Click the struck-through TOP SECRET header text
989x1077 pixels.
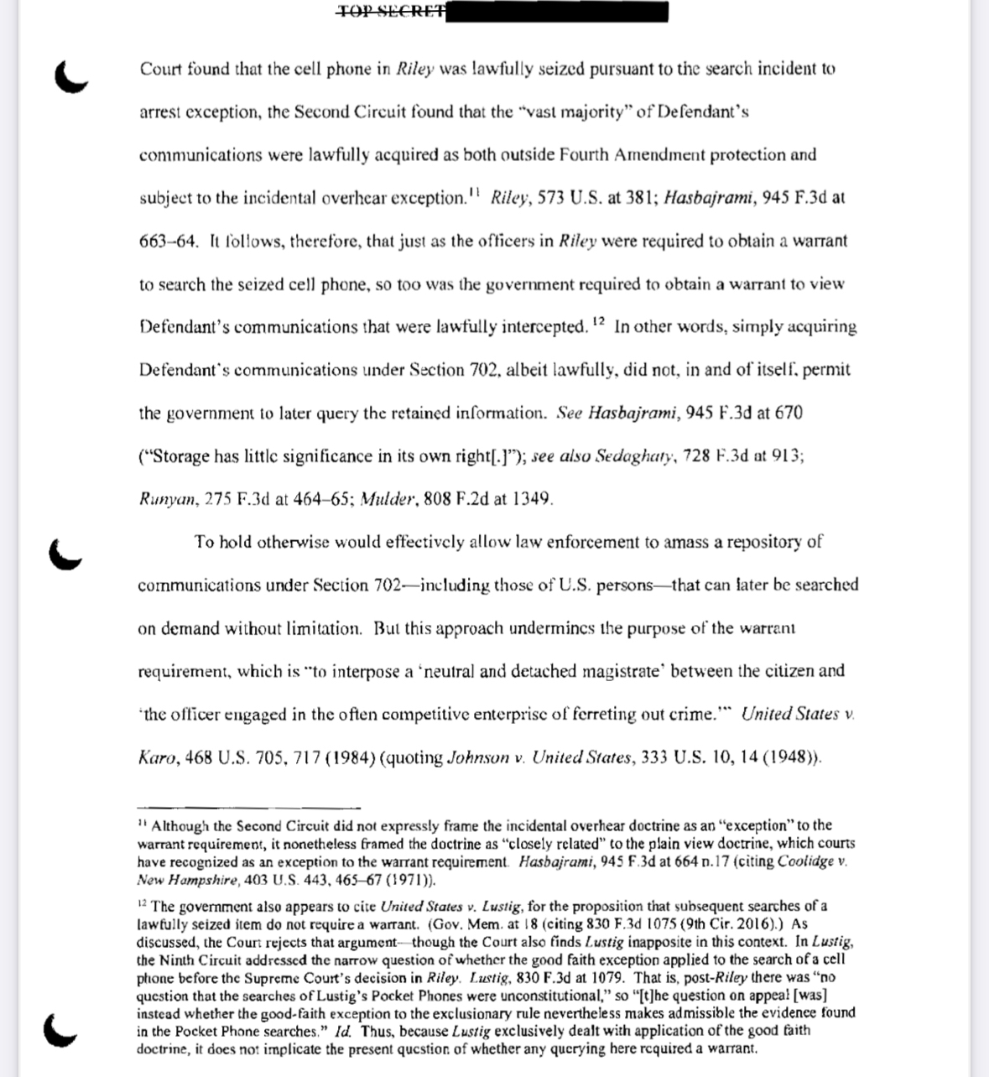pos(389,12)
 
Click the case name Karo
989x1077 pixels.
pos(157,758)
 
